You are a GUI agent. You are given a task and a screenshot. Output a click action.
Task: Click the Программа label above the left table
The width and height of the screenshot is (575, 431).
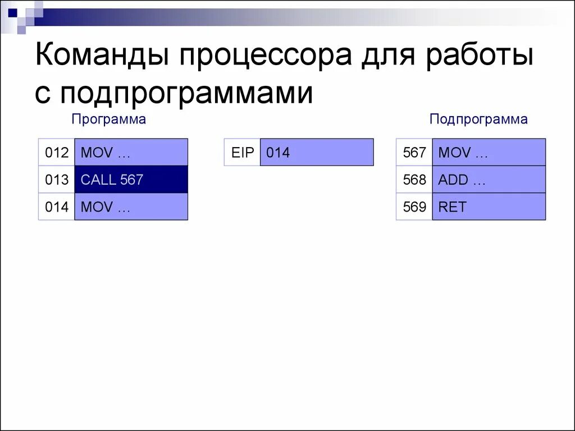[108, 119]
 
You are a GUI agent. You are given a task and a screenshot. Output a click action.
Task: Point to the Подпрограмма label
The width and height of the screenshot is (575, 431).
[478, 119]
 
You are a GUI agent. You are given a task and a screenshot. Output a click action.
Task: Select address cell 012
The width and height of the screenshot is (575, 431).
[57, 153]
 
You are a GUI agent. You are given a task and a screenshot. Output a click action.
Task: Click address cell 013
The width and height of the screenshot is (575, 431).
[57, 180]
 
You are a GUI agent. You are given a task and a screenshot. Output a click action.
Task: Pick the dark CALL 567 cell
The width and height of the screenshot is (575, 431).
[131, 180]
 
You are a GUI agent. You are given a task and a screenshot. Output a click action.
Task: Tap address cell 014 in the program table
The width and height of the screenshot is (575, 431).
[57, 207]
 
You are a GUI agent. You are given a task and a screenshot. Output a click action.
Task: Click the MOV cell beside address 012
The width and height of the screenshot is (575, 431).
[131, 153]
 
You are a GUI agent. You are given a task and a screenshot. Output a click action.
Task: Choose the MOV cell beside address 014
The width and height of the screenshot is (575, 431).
[131, 207]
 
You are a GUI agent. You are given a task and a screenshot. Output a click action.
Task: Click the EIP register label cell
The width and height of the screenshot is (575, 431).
[243, 153]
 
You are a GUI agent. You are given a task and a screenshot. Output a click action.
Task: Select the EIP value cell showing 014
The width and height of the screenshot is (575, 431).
[317, 153]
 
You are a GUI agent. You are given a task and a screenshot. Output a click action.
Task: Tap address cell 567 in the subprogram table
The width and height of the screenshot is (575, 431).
[414, 153]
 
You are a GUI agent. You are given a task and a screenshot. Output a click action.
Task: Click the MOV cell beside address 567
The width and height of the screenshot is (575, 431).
[489, 153]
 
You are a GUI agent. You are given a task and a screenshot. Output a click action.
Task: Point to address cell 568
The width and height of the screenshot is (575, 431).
[414, 180]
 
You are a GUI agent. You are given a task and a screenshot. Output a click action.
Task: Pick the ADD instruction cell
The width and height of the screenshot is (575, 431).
[489, 180]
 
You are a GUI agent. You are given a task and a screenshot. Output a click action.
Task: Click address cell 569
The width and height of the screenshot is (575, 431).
[414, 207]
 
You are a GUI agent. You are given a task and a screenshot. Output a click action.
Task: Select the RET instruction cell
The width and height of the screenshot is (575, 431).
[489, 207]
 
